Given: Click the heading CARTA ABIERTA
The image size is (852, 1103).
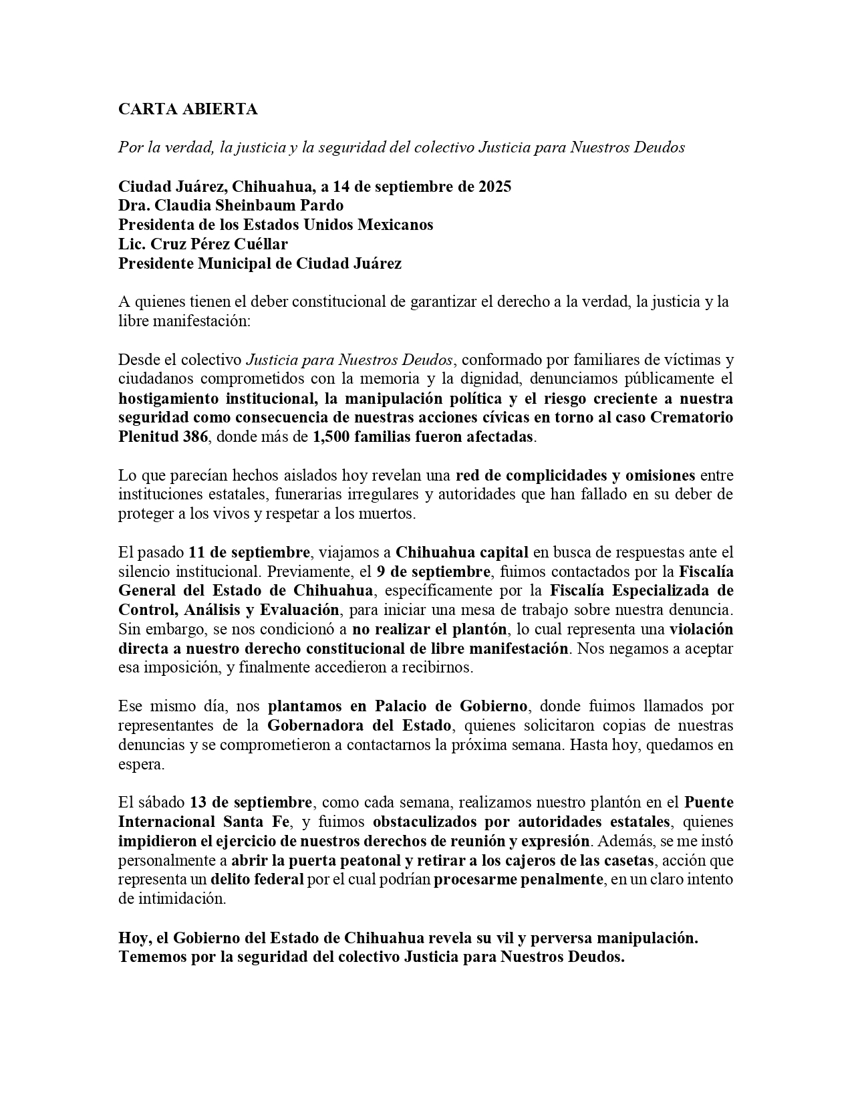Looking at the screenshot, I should tap(188, 110).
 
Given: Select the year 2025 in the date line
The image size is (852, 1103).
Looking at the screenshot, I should tap(494, 187).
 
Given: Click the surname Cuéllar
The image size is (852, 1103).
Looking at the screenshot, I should tap(259, 244).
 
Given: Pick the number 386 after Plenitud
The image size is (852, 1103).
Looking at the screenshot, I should tap(194, 437).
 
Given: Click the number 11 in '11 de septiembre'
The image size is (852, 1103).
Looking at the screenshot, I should tap(196, 553).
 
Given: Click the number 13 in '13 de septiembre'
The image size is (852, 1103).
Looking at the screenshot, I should tap(197, 803).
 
